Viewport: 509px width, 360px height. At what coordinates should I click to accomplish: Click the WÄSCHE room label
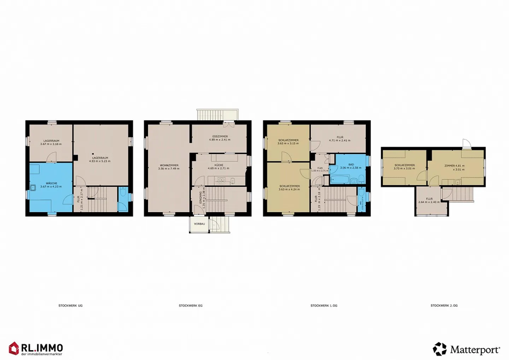tap(51, 183)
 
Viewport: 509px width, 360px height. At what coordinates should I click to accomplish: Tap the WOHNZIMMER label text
tap(169, 165)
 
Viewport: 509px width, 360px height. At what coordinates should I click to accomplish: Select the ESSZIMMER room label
tap(220, 136)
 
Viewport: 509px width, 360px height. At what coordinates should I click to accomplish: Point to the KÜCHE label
tap(218, 165)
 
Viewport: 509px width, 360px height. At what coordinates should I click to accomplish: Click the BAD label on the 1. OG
tap(351, 164)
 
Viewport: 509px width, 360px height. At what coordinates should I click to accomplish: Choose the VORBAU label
tap(199, 224)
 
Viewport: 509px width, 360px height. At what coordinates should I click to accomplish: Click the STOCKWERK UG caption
tap(70, 306)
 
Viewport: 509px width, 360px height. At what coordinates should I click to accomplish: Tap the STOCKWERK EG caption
tap(191, 306)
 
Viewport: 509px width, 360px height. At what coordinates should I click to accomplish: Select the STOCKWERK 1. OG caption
tap(324, 306)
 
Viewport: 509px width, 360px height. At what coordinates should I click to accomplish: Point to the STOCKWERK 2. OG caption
tap(444, 306)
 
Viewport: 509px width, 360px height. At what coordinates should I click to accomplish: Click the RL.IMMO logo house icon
tap(14, 348)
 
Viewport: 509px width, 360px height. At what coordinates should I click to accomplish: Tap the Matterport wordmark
tap(475, 350)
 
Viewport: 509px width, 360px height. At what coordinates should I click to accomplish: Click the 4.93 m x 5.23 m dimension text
tap(100, 161)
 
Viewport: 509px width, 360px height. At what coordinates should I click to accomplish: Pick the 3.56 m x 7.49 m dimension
tap(169, 169)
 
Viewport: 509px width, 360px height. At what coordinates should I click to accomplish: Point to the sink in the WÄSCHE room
tap(33, 188)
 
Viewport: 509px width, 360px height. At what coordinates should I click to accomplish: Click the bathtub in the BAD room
tap(340, 180)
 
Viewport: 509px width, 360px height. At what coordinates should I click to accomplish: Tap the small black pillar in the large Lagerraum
tap(93, 154)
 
